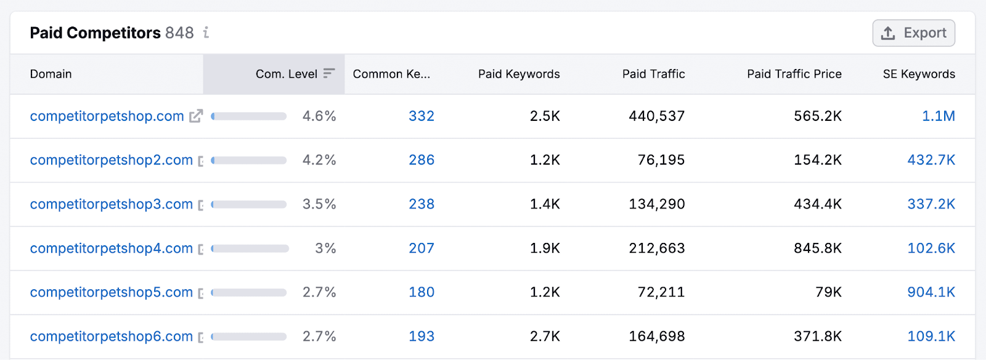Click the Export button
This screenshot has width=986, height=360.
click(x=913, y=33)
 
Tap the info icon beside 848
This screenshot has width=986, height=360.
click(x=206, y=33)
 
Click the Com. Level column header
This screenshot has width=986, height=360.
click(x=287, y=74)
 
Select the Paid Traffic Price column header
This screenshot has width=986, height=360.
click(x=794, y=74)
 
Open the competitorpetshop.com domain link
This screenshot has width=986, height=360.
click(x=107, y=116)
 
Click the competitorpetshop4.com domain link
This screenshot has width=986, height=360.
click(x=111, y=248)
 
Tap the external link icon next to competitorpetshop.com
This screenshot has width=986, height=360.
click(x=196, y=116)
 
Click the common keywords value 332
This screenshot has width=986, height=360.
click(x=422, y=116)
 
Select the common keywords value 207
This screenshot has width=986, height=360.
click(x=422, y=248)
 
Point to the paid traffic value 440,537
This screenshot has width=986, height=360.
click(x=656, y=116)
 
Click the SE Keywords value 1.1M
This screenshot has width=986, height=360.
click(x=938, y=116)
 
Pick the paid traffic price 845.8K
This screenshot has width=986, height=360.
click(x=817, y=248)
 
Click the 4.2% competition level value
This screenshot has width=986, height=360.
click(x=319, y=160)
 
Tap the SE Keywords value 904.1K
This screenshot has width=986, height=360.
click(x=931, y=292)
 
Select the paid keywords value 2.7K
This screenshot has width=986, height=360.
click(x=545, y=337)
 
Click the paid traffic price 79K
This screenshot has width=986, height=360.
click(x=828, y=292)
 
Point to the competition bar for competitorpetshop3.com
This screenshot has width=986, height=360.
click(x=249, y=204)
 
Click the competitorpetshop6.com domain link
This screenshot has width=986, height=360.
click(x=111, y=337)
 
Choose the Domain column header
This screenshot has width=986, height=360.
click(x=51, y=74)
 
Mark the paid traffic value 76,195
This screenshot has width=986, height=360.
click(x=661, y=160)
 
